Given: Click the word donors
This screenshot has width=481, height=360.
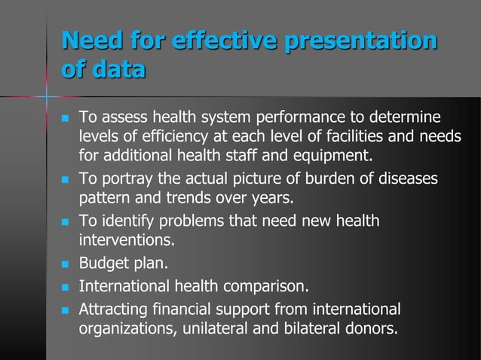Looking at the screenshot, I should tap(371, 329).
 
